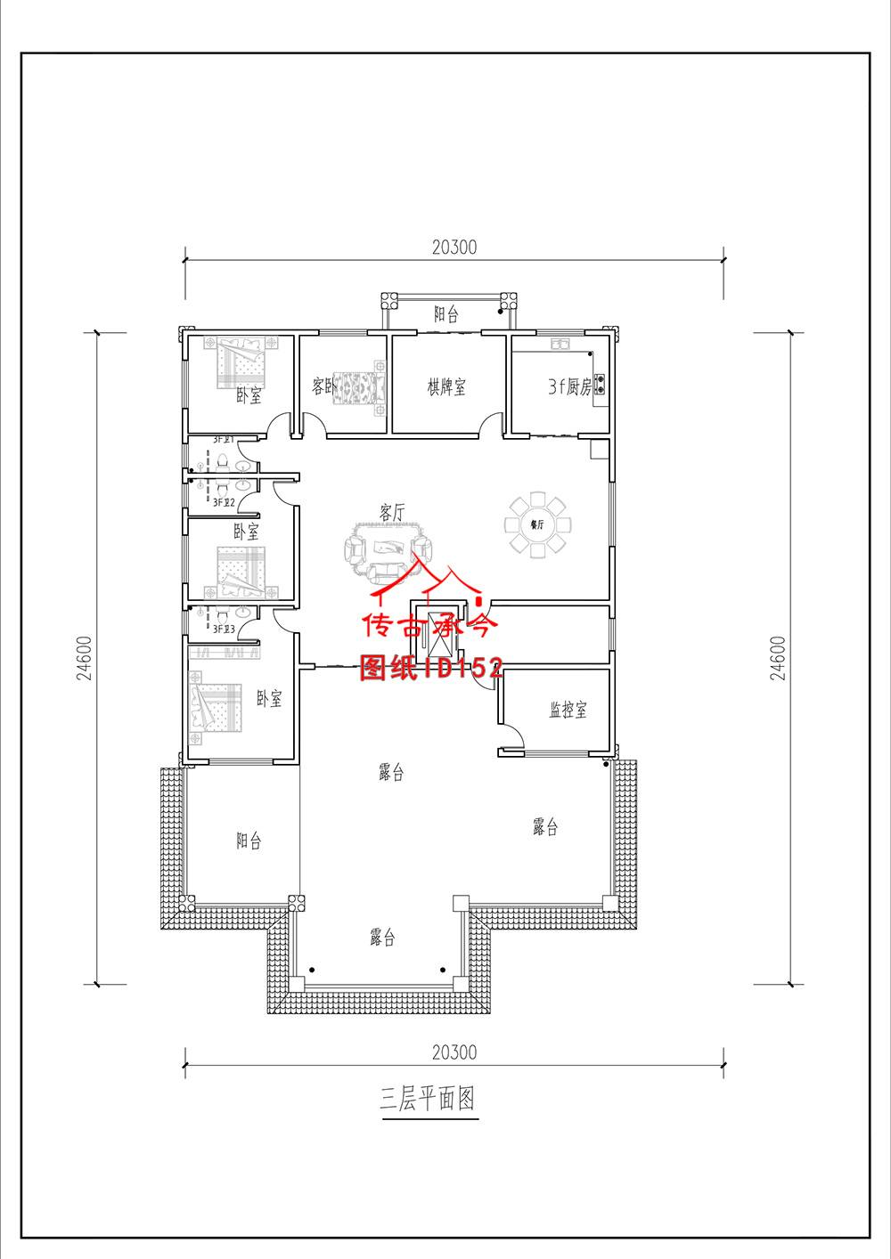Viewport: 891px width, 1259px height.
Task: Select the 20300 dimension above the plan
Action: [454, 248]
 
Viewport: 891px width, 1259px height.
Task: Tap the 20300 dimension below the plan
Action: [454, 1052]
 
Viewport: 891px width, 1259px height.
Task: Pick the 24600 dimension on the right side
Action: [779, 658]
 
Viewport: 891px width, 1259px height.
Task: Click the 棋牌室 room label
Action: [446, 387]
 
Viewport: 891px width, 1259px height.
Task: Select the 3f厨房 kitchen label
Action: [570, 387]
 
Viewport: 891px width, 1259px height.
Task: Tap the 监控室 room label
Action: [568, 710]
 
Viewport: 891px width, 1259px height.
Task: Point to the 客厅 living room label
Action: [392, 513]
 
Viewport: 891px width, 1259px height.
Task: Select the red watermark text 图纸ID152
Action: [431, 669]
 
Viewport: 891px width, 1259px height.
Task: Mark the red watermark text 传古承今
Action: [429, 627]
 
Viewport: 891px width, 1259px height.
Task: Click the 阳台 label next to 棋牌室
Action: [446, 314]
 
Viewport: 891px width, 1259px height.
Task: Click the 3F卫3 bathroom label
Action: [223, 629]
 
